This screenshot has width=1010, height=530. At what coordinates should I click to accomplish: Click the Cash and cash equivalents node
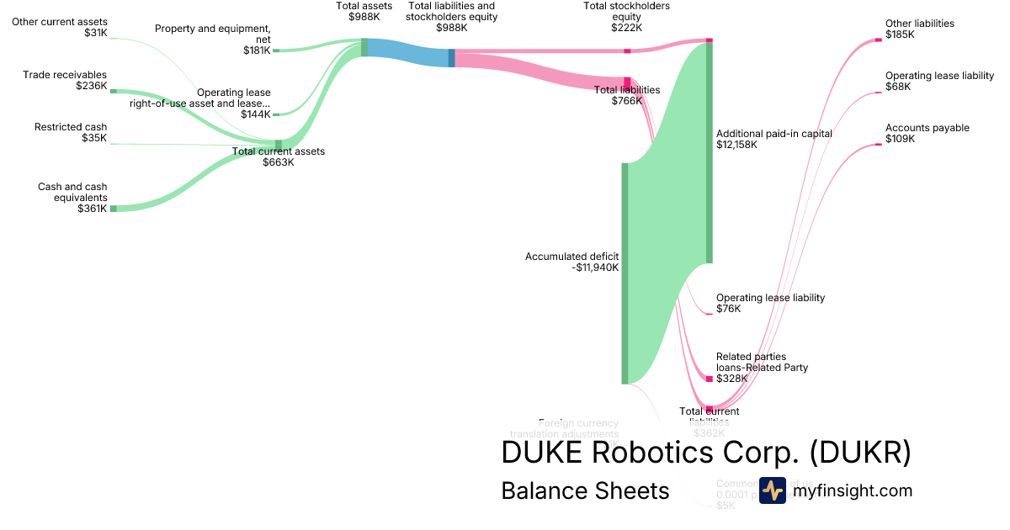pos(113,208)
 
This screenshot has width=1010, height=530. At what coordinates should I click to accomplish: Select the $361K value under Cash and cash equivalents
pos(92,209)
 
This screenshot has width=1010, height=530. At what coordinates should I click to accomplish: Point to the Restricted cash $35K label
pos(71,133)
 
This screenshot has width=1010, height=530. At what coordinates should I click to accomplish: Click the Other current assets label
pos(60,27)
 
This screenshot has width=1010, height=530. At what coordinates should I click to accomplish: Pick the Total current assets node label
pos(278,156)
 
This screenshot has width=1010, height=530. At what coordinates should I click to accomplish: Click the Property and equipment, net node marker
pos(275,50)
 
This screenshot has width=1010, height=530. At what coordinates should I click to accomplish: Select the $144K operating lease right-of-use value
pos(255,114)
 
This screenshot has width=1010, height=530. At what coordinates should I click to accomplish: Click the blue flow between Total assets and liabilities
pos(408,54)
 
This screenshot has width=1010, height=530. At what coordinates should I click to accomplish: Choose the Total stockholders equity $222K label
pos(626,17)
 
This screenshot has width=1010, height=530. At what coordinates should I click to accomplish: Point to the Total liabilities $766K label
pos(626,95)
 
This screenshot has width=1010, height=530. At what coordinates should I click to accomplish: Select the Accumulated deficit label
pos(571,257)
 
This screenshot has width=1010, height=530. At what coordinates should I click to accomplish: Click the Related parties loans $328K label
pos(761,368)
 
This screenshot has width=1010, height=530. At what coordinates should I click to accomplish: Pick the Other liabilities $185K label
pos(919,29)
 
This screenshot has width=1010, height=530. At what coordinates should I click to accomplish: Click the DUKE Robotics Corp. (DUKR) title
pos(705,453)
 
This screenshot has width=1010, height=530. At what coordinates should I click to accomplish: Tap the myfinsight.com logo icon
pos(772,490)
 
